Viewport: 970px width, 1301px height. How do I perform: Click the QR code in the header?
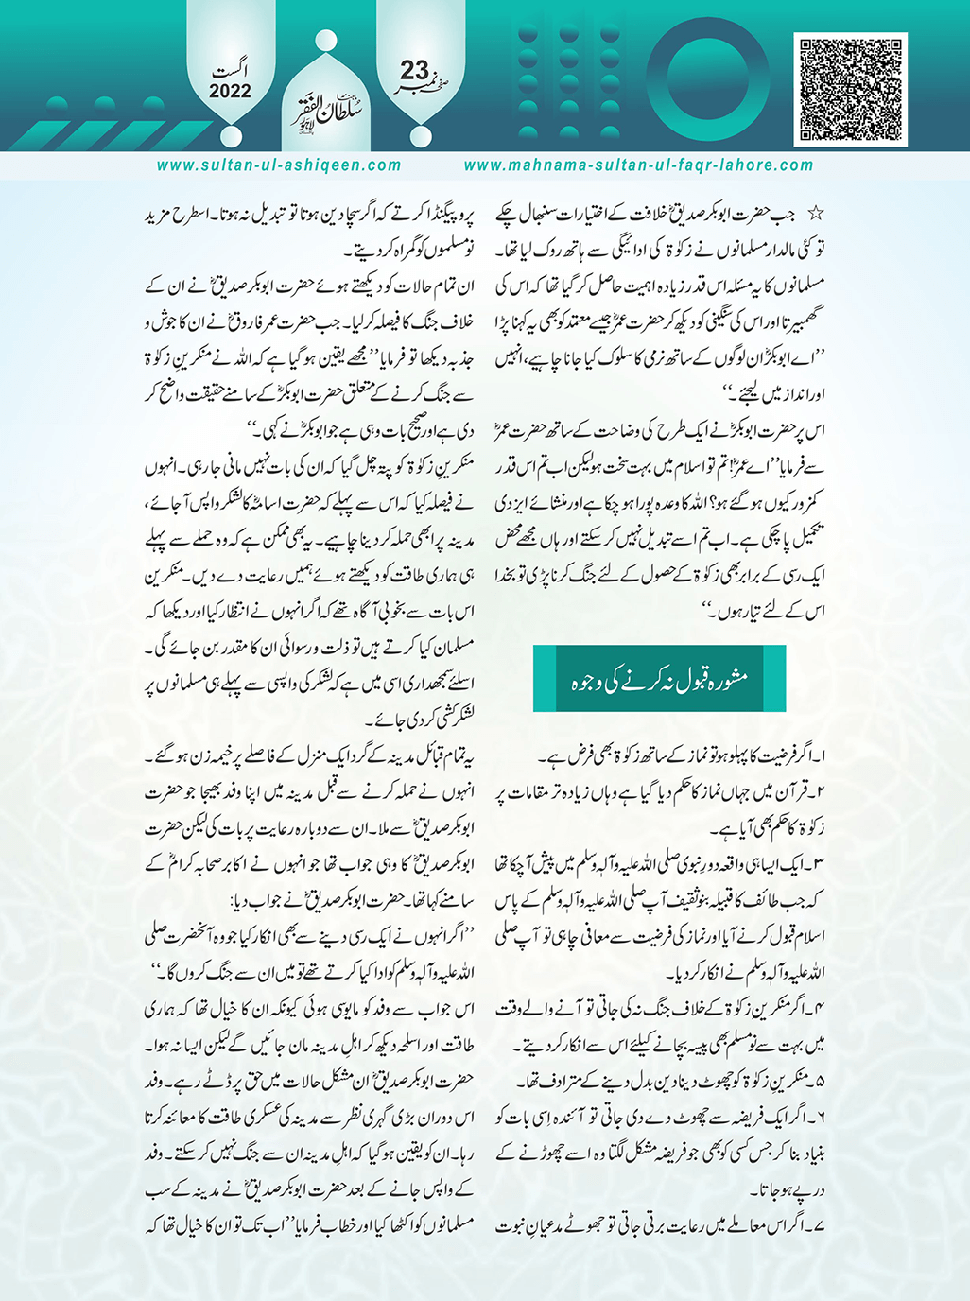click(x=852, y=89)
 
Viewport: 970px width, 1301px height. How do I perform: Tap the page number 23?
click(x=414, y=72)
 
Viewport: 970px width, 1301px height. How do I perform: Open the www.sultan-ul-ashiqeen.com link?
click(x=279, y=165)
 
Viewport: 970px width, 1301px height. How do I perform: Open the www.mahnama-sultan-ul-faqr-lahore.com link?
click(x=638, y=165)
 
